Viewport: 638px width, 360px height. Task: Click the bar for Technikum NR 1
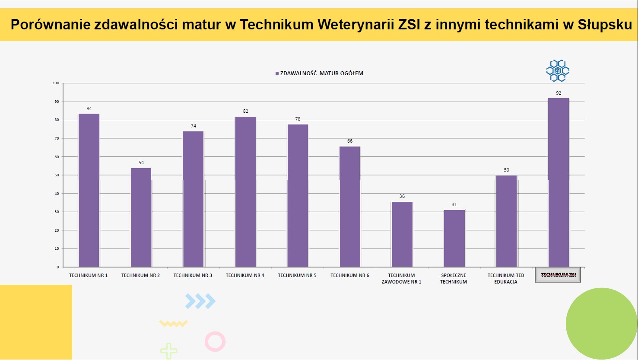89,190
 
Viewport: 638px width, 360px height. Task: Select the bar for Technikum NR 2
141,217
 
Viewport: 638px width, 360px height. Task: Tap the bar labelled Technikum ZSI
559,182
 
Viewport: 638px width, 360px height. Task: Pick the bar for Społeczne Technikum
454,238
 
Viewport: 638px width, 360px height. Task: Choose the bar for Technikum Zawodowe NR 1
402,234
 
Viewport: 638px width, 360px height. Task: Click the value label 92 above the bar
559,93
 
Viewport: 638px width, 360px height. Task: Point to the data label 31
454,204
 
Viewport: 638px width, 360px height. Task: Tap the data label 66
350,141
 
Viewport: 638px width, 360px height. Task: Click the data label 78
298,119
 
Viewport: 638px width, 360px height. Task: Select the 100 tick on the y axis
56,83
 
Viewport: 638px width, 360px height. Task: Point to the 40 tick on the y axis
56,194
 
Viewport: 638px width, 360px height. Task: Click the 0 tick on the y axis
57,267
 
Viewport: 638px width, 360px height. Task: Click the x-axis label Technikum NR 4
245,275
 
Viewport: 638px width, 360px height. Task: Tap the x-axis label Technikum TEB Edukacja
506,278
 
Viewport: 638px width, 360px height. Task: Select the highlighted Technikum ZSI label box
558,275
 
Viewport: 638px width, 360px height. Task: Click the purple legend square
277,73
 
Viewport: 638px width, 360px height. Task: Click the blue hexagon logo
558,70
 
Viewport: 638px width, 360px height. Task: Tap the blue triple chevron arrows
200,301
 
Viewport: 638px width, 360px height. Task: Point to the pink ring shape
215,341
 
